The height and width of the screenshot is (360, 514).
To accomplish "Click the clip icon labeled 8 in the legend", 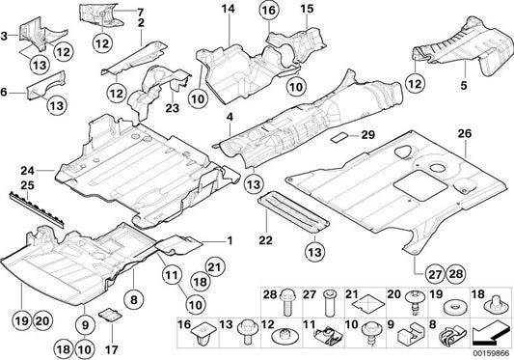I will coord(446,336).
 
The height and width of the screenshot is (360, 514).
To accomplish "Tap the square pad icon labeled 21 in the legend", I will coord(370,302).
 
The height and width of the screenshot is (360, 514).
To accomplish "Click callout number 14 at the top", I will coord(228,10).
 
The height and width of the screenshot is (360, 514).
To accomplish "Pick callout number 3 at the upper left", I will coord(6,37).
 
